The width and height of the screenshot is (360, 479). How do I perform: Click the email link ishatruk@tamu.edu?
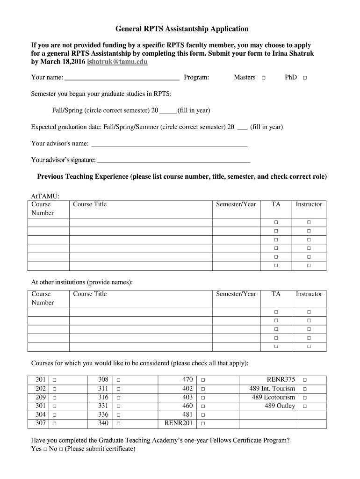pos(117,62)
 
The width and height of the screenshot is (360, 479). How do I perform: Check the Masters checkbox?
pos(264,78)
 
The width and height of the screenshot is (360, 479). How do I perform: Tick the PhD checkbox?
pos(305,78)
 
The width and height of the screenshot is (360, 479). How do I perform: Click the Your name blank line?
pos(122,78)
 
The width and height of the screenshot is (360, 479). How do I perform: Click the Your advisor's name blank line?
pos(169,144)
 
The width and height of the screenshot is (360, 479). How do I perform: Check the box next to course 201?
pos(55,380)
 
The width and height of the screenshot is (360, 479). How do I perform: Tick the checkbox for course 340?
pos(118,424)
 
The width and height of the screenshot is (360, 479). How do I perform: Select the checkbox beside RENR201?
pos(203,424)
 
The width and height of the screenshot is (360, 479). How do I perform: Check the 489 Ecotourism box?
pos(305,398)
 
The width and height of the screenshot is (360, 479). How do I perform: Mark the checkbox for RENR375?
pos(305,380)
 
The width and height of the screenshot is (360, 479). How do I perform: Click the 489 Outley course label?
pos(280,406)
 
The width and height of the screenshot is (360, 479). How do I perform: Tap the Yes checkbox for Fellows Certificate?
pos(45,450)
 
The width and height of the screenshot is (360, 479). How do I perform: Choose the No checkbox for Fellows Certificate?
pos(61,450)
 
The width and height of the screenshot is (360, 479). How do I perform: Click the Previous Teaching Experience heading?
pos(182,177)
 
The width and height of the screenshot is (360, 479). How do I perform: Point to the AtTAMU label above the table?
pos(45,196)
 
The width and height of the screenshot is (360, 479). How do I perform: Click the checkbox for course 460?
pos(203,406)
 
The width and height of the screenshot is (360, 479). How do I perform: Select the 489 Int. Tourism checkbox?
pos(305,389)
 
